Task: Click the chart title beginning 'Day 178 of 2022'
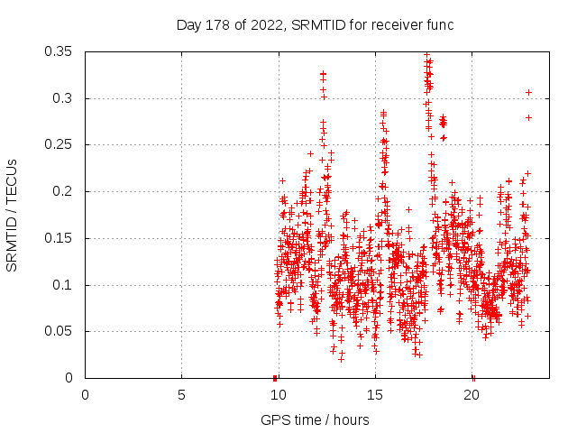(315, 23)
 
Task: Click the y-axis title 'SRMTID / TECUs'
(12, 216)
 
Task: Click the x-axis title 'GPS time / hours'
(315, 419)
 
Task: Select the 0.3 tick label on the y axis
(63, 98)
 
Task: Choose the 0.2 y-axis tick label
(63, 191)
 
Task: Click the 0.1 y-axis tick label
(63, 285)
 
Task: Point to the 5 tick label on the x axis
(181, 395)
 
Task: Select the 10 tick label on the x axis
(278, 395)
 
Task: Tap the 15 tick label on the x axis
(374, 395)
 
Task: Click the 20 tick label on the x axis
(471, 395)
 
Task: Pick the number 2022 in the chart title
(259, 23)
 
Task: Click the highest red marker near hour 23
(528, 92)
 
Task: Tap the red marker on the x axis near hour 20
(472, 377)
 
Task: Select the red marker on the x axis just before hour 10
(274, 377)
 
